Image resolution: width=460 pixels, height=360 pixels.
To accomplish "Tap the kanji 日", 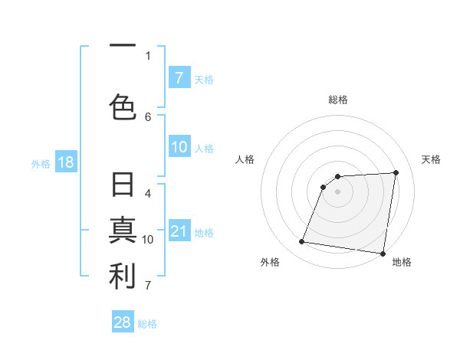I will [123, 186].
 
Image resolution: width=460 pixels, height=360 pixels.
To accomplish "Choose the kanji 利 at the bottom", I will [123, 277].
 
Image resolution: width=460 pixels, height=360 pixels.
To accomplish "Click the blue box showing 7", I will [179, 77].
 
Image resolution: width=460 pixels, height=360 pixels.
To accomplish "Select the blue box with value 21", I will [179, 232].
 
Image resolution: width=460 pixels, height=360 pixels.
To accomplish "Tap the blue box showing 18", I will [65, 162].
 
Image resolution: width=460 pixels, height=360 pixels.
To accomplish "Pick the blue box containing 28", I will [123, 322].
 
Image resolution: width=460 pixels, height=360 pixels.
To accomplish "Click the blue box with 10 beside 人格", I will [179, 147].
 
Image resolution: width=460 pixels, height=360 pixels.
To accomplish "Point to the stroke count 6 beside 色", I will [148, 116].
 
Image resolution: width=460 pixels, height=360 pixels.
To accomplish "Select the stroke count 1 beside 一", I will [148, 55].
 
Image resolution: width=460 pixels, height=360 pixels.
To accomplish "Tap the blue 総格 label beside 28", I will [147, 324].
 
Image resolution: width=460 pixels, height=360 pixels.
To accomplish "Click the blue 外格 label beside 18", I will [41, 163].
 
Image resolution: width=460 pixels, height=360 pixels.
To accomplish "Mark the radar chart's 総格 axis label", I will [338, 100].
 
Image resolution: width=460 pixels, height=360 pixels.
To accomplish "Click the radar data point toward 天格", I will [396, 172].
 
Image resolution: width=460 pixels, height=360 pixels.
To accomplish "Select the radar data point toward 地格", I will [383, 253].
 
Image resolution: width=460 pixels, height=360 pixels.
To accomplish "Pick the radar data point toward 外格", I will [302, 242].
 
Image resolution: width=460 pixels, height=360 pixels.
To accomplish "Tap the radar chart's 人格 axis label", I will [245, 159].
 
